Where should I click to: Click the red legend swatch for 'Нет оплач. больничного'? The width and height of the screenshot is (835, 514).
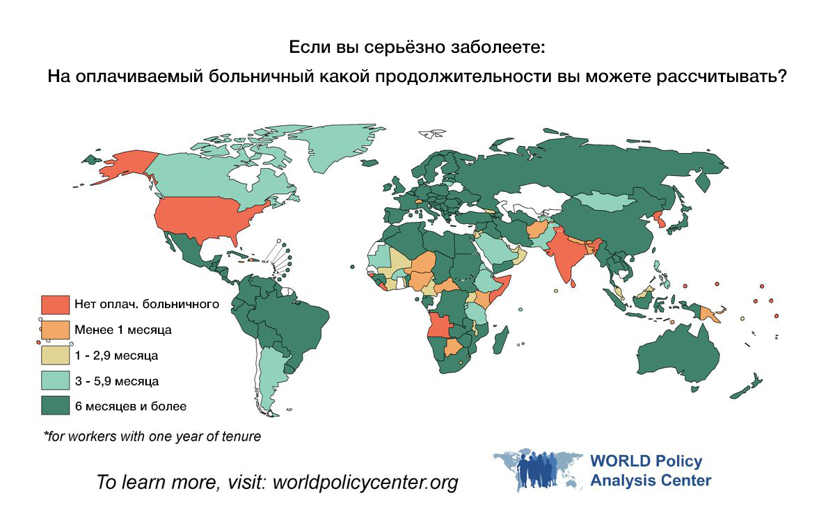click(56, 304)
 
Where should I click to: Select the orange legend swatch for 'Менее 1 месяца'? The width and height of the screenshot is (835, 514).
click(56, 330)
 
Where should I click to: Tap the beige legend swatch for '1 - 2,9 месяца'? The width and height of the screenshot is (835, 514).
click(56, 355)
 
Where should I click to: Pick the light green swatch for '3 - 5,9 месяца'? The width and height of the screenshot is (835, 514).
click(56, 381)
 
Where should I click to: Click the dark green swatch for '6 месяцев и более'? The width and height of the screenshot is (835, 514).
click(56, 406)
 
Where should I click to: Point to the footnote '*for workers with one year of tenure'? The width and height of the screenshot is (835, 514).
click(152, 437)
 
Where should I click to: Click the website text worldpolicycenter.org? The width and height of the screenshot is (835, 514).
click(365, 482)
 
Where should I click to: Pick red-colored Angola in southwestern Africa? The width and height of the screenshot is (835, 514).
click(443, 326)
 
